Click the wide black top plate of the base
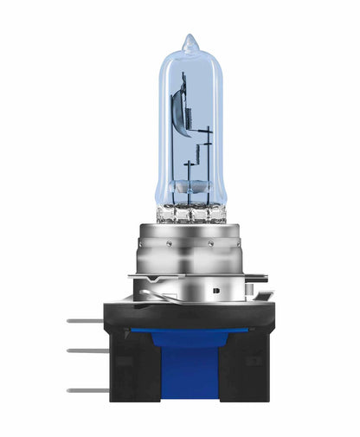coord(190,299)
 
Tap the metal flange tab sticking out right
coord(257,278)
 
